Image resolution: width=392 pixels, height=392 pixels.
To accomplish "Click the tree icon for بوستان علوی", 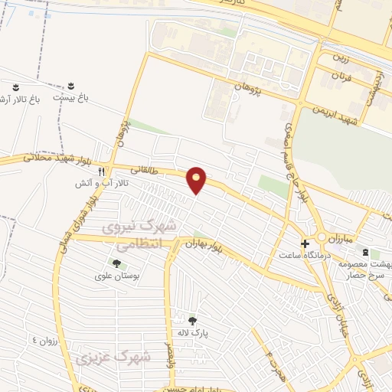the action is point(116,263).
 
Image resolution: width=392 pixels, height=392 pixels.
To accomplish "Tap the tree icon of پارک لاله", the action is point(192,321).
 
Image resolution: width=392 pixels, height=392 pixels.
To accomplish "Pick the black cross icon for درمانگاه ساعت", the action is point(305,243).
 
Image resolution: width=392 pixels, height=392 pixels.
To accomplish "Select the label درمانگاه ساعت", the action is point(305,253).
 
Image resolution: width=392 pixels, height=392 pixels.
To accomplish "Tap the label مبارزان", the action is point(358,239).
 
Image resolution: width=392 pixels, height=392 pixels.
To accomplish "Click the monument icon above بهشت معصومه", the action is point(365,252).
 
